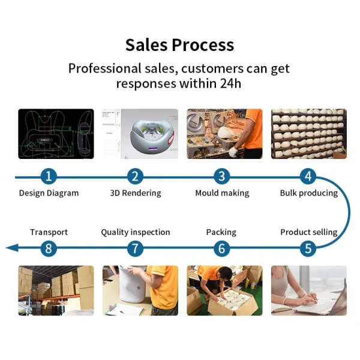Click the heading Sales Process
180,44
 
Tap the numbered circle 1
49,176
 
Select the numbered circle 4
308,176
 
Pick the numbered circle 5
308,248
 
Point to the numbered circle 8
49,248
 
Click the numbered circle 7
135,248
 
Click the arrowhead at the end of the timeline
12,248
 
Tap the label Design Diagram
49,193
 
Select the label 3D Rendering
136,193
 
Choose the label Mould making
222,193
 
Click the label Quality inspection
136,232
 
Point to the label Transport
49,232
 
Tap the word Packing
221,232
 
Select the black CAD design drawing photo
56,134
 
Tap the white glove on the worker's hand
234,151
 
